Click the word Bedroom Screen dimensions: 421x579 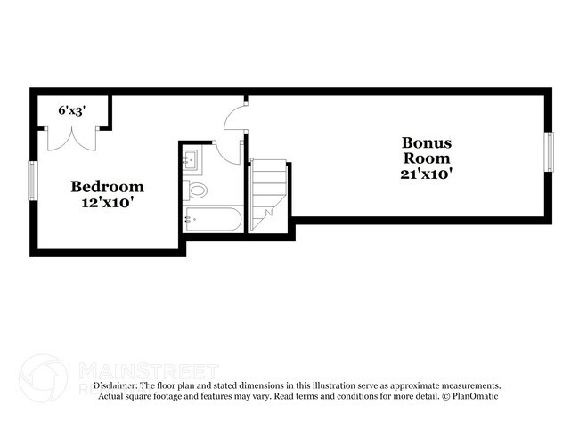pyautogui.click(x=107, y=187)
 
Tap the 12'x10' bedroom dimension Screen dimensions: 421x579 pyautogui.click(x=107, y=202)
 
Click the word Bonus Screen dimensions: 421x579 pyautogui.click(x=427, y=142)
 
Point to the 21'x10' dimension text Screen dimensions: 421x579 pyautogui.click(x=427, y=174)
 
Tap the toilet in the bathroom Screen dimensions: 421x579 pyautogui.click(x=197, y=189)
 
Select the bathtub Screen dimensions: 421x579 pyautogui.click(x=211, y=219)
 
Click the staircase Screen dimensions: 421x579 pyautogui.click(x=267, y=193)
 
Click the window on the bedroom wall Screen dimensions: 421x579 pyautogui.click(x=33, y=181)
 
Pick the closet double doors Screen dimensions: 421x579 pyautogui.click(x=69, y=138)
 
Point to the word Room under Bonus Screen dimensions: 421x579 pyautogui.click(x=427, y=158)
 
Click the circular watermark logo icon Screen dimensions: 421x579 pyautogui.click(x=43, y=376)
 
